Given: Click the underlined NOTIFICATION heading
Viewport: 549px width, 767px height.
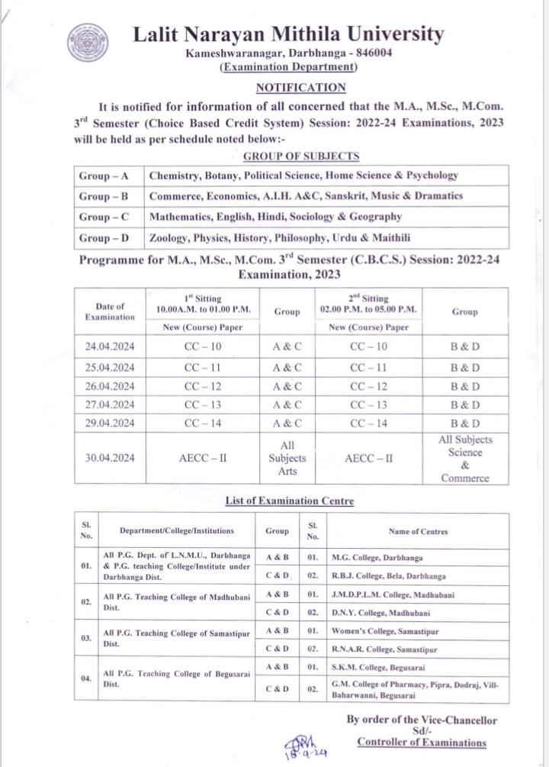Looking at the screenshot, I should click(x=300, y=88).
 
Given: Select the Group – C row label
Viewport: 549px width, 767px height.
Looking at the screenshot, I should click(x=104, y=217).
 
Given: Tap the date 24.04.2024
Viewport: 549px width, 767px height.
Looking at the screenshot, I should click(x=110, y=346).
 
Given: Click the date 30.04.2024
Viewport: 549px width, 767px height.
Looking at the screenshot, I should click(x=110, y=459).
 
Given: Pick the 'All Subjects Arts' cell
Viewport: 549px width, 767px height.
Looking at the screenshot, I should click(x=287, y=459).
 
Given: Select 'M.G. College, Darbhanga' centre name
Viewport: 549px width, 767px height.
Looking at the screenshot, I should click(x=377, y=558).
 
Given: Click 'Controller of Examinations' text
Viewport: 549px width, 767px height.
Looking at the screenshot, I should click(x=421, y=743).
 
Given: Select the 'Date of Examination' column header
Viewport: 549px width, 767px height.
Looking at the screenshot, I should click(x=110, y=311).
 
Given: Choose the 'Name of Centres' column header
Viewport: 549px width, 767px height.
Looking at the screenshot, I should click(x=418, y=531).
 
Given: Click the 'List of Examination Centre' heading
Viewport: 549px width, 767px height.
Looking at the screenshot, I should click(x=289, y=501).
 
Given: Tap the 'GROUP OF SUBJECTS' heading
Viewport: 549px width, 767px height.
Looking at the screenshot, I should click(x=300, y=156).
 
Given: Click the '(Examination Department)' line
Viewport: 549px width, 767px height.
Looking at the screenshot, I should click(x=289, y=67).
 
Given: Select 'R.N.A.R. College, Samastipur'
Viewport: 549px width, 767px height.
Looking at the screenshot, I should click(x=384, y=649).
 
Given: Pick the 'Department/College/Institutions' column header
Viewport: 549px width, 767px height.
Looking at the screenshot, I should click(x=176, y=531).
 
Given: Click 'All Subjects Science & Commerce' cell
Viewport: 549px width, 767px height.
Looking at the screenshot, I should click(x=465, y=459).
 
